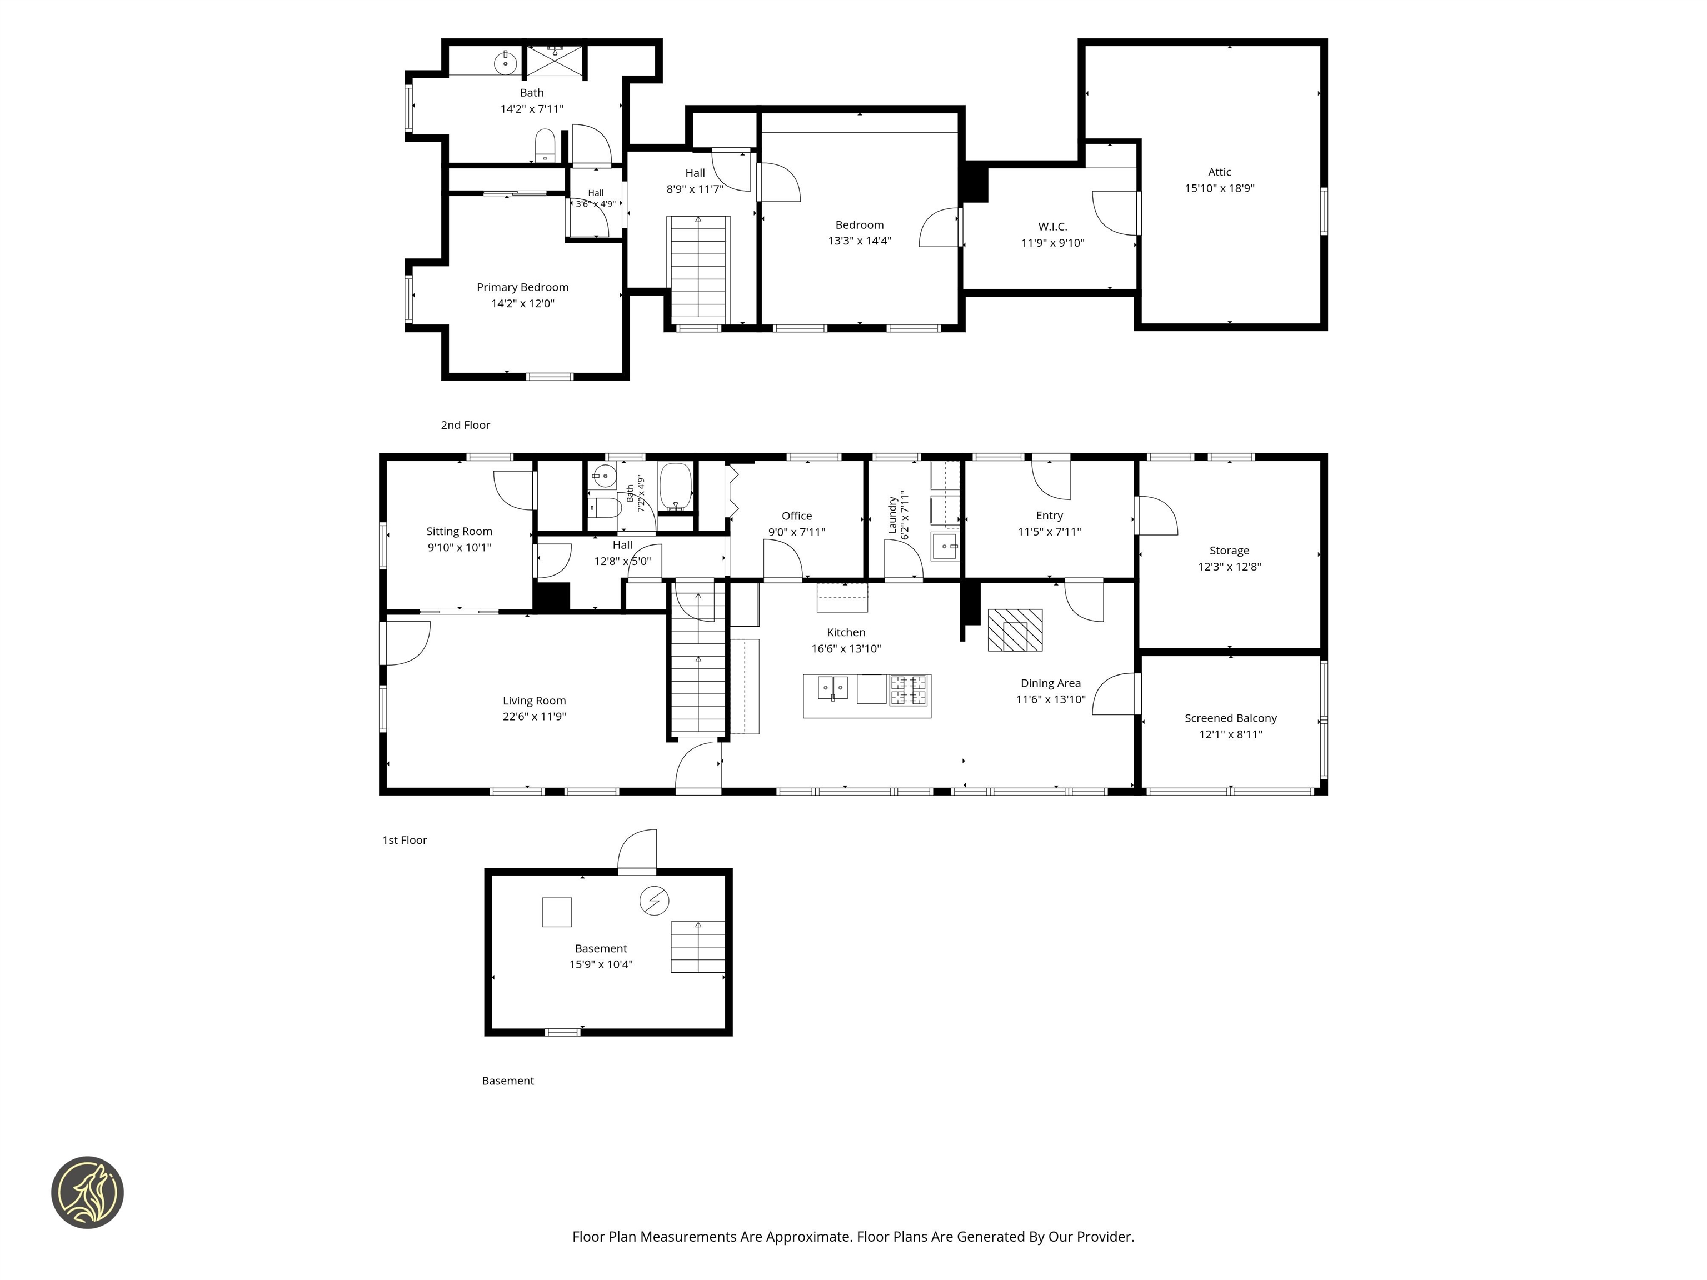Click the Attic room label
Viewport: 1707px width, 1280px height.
click(1219, 172)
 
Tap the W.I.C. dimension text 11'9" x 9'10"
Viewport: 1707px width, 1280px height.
click(1052, 243)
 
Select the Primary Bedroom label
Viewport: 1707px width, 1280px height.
click(522, 288)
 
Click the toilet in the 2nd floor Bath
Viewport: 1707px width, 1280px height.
click(545, 145)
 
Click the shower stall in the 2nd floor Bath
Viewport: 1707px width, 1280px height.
click(556, 60)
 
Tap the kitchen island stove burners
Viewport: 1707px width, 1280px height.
click(909, 690)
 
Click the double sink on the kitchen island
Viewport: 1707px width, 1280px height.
click(833, 687)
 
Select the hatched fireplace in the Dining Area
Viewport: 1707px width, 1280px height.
click(1015, 631)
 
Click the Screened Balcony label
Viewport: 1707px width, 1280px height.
click(1230, 718)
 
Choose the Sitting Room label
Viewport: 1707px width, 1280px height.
click(459, 532)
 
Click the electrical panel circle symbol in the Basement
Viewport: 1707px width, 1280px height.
click(655, 901)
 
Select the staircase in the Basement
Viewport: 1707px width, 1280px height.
click(697, 947)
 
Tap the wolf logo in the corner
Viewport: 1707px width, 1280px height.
click(87, 1192)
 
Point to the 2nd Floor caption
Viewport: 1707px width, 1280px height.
click(465, 425)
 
